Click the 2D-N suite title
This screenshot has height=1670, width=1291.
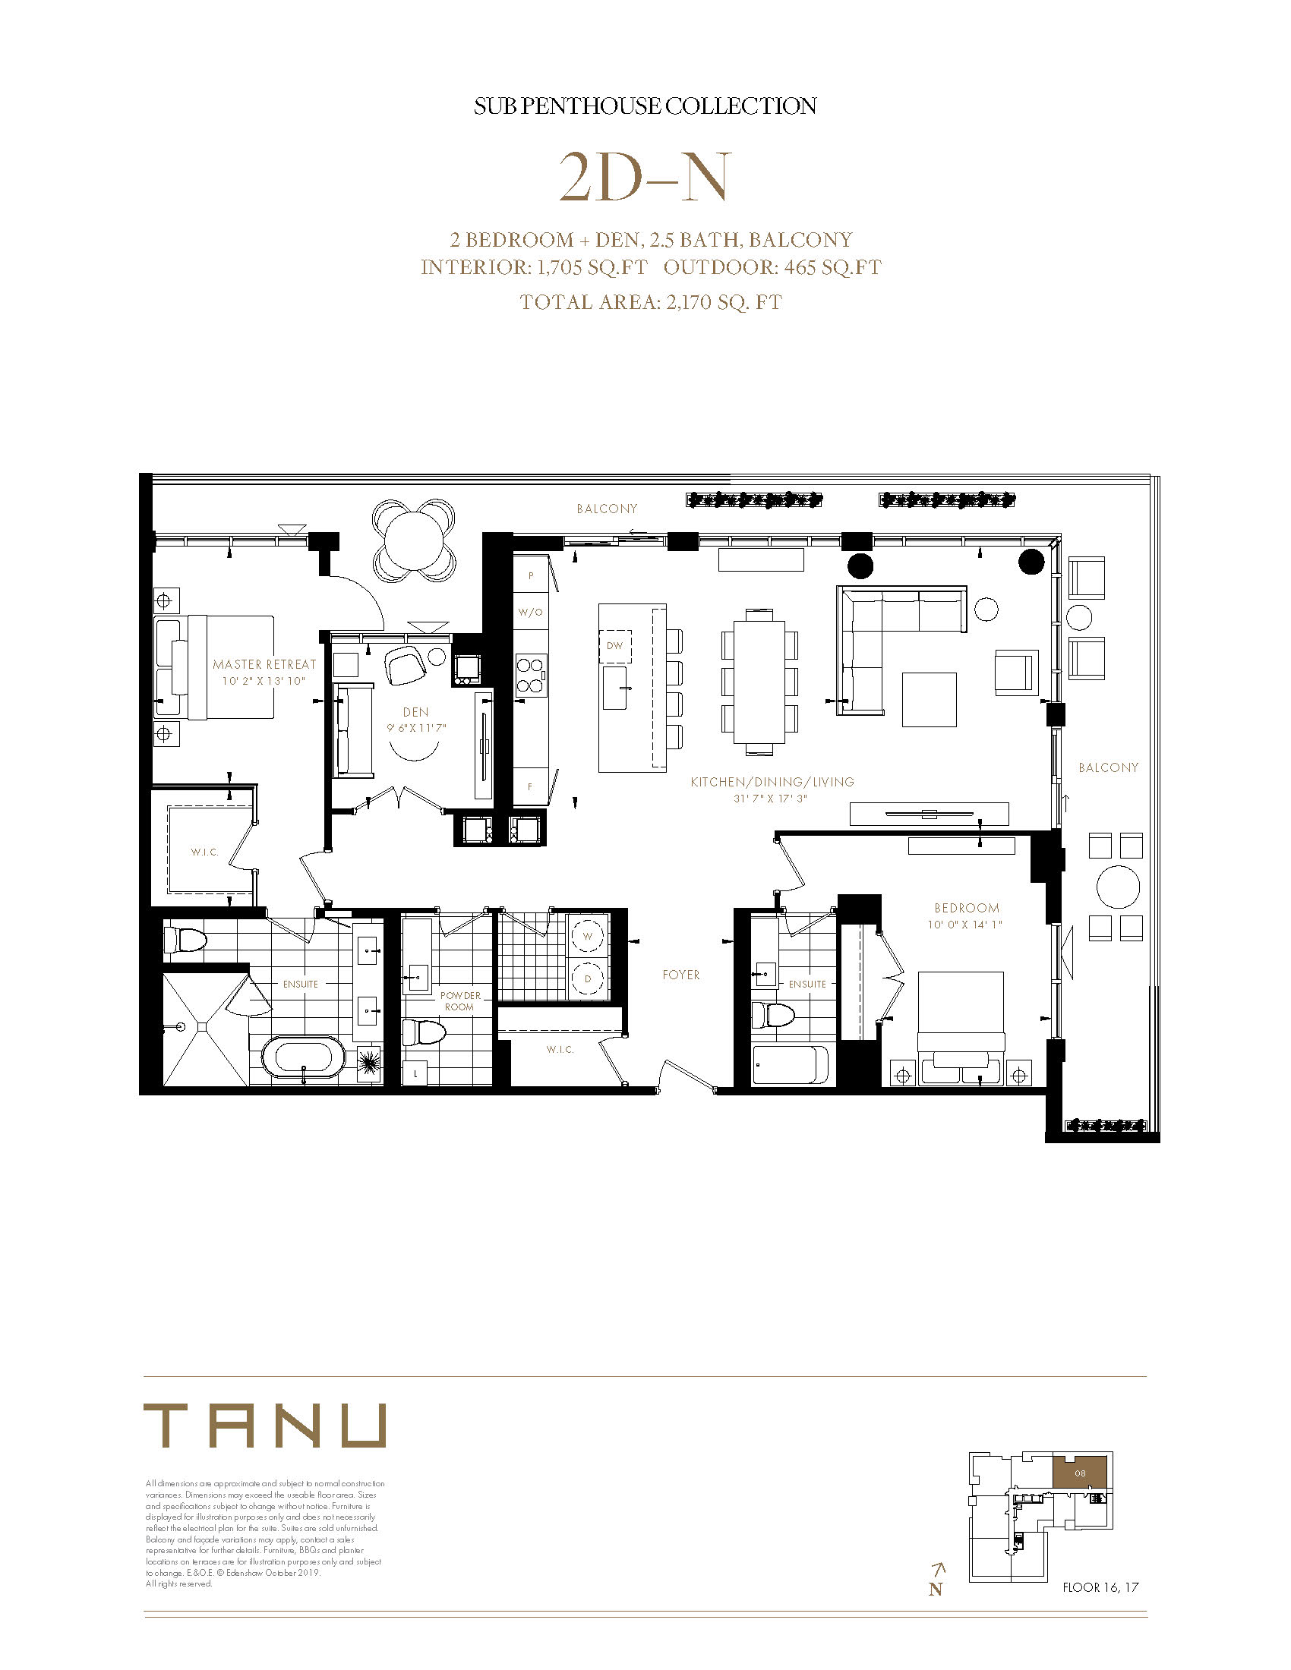[644, 178]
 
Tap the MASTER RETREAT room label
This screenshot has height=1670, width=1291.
[264, 664]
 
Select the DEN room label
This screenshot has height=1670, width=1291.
[416, 712]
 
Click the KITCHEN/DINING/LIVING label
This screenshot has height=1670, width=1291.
[772, 781]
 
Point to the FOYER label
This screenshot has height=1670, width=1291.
[681, 975]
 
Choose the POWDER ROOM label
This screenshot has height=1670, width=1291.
[460, 1001]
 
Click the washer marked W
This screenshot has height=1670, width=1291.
[587, 936]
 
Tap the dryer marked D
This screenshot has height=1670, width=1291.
[587, 978]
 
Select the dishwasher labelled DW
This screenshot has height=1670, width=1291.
[615, 646]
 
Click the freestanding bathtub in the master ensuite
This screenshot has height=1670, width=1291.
[304, 1058]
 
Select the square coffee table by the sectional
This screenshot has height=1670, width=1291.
[930, 699]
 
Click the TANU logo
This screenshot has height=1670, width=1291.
[264, 1426]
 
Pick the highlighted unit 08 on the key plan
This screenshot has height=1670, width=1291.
[1080, 1473]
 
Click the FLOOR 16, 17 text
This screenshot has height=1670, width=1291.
[1100, 1587]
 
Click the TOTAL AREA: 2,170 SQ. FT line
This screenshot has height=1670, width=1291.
[651, 302]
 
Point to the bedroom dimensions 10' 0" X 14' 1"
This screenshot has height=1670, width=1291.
[965, 925]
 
